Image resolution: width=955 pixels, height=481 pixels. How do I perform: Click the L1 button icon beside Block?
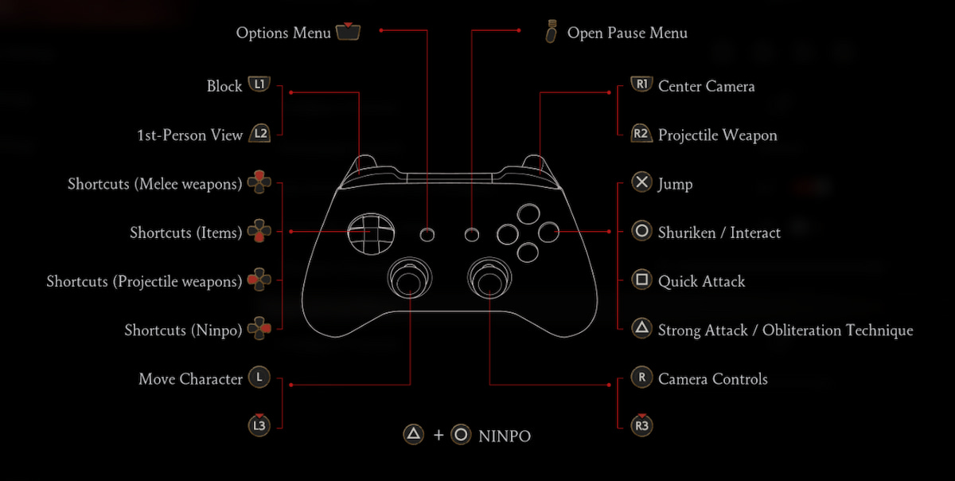[x=259, y=85]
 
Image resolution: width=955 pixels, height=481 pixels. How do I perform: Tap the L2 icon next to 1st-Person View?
[x=259, y=135]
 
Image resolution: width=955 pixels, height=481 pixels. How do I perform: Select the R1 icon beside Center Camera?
[x=641, y=85]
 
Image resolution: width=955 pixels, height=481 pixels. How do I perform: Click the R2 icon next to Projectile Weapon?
[x=641, y=135]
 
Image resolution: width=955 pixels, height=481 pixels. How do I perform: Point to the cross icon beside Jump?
[x=641, y=183]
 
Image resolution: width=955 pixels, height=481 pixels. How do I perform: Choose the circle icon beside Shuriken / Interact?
[x=641, y=232]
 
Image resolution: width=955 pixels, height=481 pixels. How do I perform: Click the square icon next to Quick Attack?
[x=641, y=280]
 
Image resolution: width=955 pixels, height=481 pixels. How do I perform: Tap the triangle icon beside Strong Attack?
[x=641, y=329]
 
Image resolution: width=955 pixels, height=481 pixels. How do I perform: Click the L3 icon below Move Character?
[x=259, y=425]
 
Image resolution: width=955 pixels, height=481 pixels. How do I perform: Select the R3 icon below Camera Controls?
[x=641, y=425]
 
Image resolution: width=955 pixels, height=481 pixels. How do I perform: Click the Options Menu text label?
[x=283, y=33]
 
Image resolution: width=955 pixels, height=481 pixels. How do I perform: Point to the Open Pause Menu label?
[x=627, y=33]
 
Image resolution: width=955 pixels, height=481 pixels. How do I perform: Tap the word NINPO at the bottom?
[x=505, y=436]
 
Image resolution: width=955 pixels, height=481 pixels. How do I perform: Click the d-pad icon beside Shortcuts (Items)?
[x=259, y=233]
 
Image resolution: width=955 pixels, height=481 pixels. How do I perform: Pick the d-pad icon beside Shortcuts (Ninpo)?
[x=259, y=329]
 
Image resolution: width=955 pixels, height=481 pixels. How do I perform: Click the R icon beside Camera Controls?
[x=641, y=378]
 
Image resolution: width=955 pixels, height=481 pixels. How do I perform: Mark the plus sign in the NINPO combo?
[x=438, y=436]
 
